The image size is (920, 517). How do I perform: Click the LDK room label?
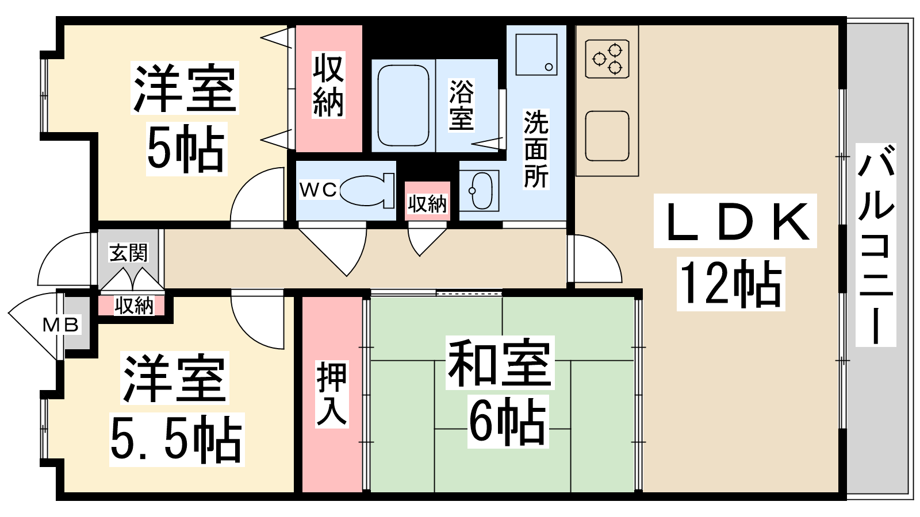[735, 222]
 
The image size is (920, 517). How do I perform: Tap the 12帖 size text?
[731, 284]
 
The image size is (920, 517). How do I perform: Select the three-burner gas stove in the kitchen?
[607, 59]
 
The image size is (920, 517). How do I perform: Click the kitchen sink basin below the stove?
[607, 136]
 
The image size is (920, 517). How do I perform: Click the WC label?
[319, 190]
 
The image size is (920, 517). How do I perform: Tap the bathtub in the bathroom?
[403, 106]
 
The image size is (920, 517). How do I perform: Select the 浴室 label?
[461, 105]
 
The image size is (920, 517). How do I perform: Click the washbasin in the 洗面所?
[480, 191]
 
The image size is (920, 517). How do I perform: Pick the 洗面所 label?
[536, 149]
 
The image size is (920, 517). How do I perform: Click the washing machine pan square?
[536, 55]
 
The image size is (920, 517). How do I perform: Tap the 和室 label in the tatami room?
[500, 362]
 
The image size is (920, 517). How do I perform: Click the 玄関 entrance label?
[129, 252]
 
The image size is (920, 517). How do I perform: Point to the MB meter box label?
[61, 325]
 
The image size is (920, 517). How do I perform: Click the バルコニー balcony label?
[876, 245]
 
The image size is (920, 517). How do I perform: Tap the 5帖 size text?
[186, 149]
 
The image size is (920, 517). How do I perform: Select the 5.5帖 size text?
[177, 439]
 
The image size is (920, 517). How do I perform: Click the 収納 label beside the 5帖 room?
[328, 84]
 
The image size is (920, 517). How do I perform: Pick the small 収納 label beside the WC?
[427, 203]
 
